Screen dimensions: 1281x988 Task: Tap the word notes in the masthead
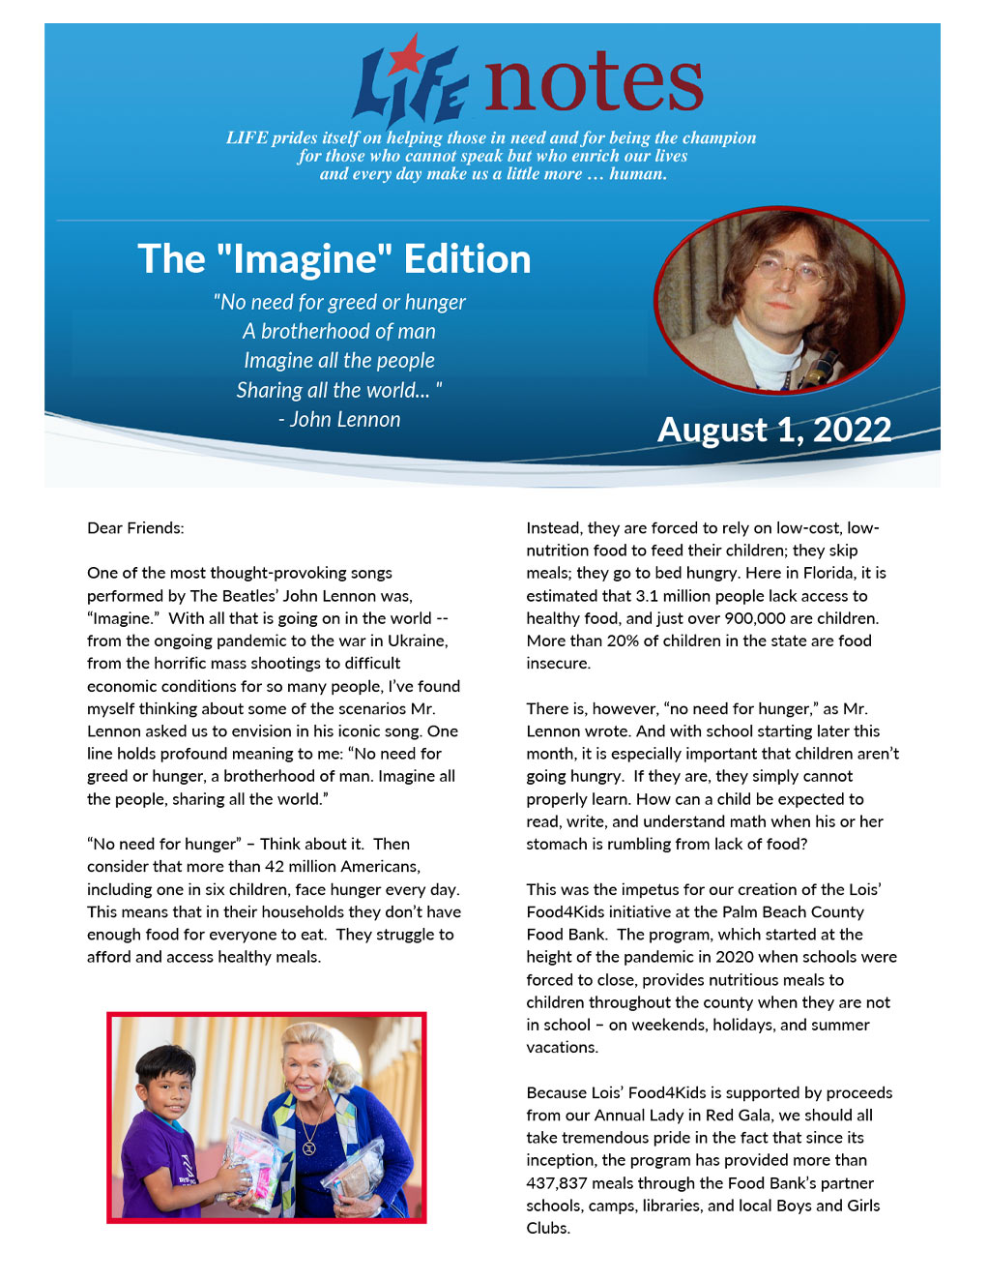pyautogui.click(x=594, y=82)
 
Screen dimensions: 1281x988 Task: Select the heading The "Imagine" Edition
pyautogui.click(x=334, y=259)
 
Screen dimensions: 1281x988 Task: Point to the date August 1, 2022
pyautogui.click(x=774, y=430)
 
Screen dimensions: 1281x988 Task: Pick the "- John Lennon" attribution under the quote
pyautogui.click(x=339, y=420)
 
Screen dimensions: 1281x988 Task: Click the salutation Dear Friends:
pyautogui.click(x=135, y=528)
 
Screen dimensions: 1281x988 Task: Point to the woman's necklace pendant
pyautogui.click(x=309, y=1148)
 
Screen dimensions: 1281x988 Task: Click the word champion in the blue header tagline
pyautogui.click(x=714, y=138)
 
